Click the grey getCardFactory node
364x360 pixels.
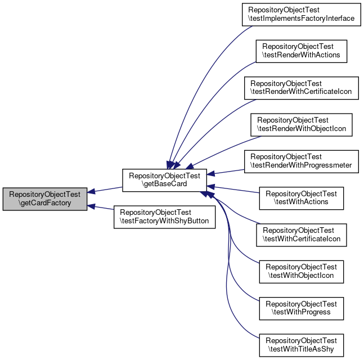click(x=45, y=199)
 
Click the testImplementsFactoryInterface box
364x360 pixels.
click(x=301, y=14)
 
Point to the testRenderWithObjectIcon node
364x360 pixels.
click(x=301, y=124)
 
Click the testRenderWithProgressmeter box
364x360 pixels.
click(x=301, y=161)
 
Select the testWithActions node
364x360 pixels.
click(x=301, y=197)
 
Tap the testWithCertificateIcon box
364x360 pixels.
click(x=301, y=234)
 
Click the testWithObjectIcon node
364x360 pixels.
click(x=301, y=271)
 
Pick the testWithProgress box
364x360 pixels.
click(x=301, y=307)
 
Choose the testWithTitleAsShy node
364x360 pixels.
click(x=301, y=344)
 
